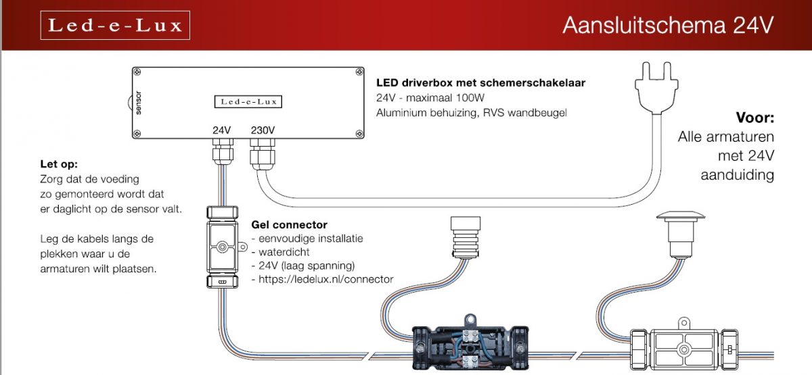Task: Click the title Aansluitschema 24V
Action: pyautogui.click(x=667, y=26)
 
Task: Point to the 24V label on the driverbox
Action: pyautogui.click(x=222, y=130)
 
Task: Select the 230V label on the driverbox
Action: pyautogui.click(x=262, y=130)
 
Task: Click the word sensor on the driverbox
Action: pyautogui.click(x=139, y=103)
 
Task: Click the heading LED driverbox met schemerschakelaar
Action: pyautogui.click(x=480, y=83)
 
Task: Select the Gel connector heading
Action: pyautogui.click(x=289, y=224)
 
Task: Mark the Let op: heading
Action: pyautogui.click(x=59, y=164)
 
